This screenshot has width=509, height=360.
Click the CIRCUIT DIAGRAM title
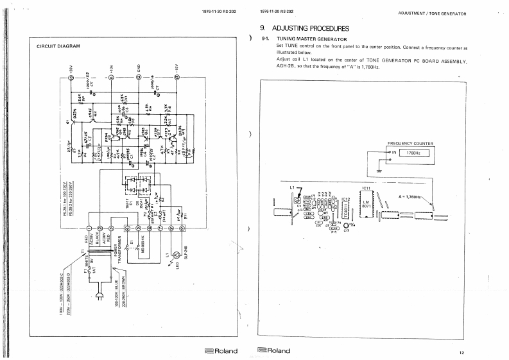pos(58,46)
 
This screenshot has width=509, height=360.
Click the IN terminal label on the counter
pos(394,153)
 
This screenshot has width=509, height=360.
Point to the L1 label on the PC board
pos(293,187)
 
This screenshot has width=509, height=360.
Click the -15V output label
pos(178,67)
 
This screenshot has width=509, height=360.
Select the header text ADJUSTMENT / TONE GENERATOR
pos(432,13)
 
